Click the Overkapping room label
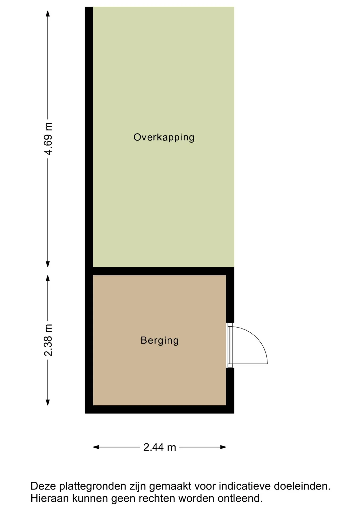[164, 137]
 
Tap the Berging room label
[159, 340]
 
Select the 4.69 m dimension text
[48, 139]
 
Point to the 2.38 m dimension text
[48, 340]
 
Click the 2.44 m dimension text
[160, 447]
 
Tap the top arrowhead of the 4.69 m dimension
[48, 14]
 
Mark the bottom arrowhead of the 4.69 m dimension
[48, 264]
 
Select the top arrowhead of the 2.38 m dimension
[48, 278]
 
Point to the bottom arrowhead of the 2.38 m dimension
[48, 402]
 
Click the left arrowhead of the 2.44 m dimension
[96, 447]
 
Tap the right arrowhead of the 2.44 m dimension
[223, 447]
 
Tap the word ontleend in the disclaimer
[240, 498]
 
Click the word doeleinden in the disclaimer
[302, 486]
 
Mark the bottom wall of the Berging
[159, 409]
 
